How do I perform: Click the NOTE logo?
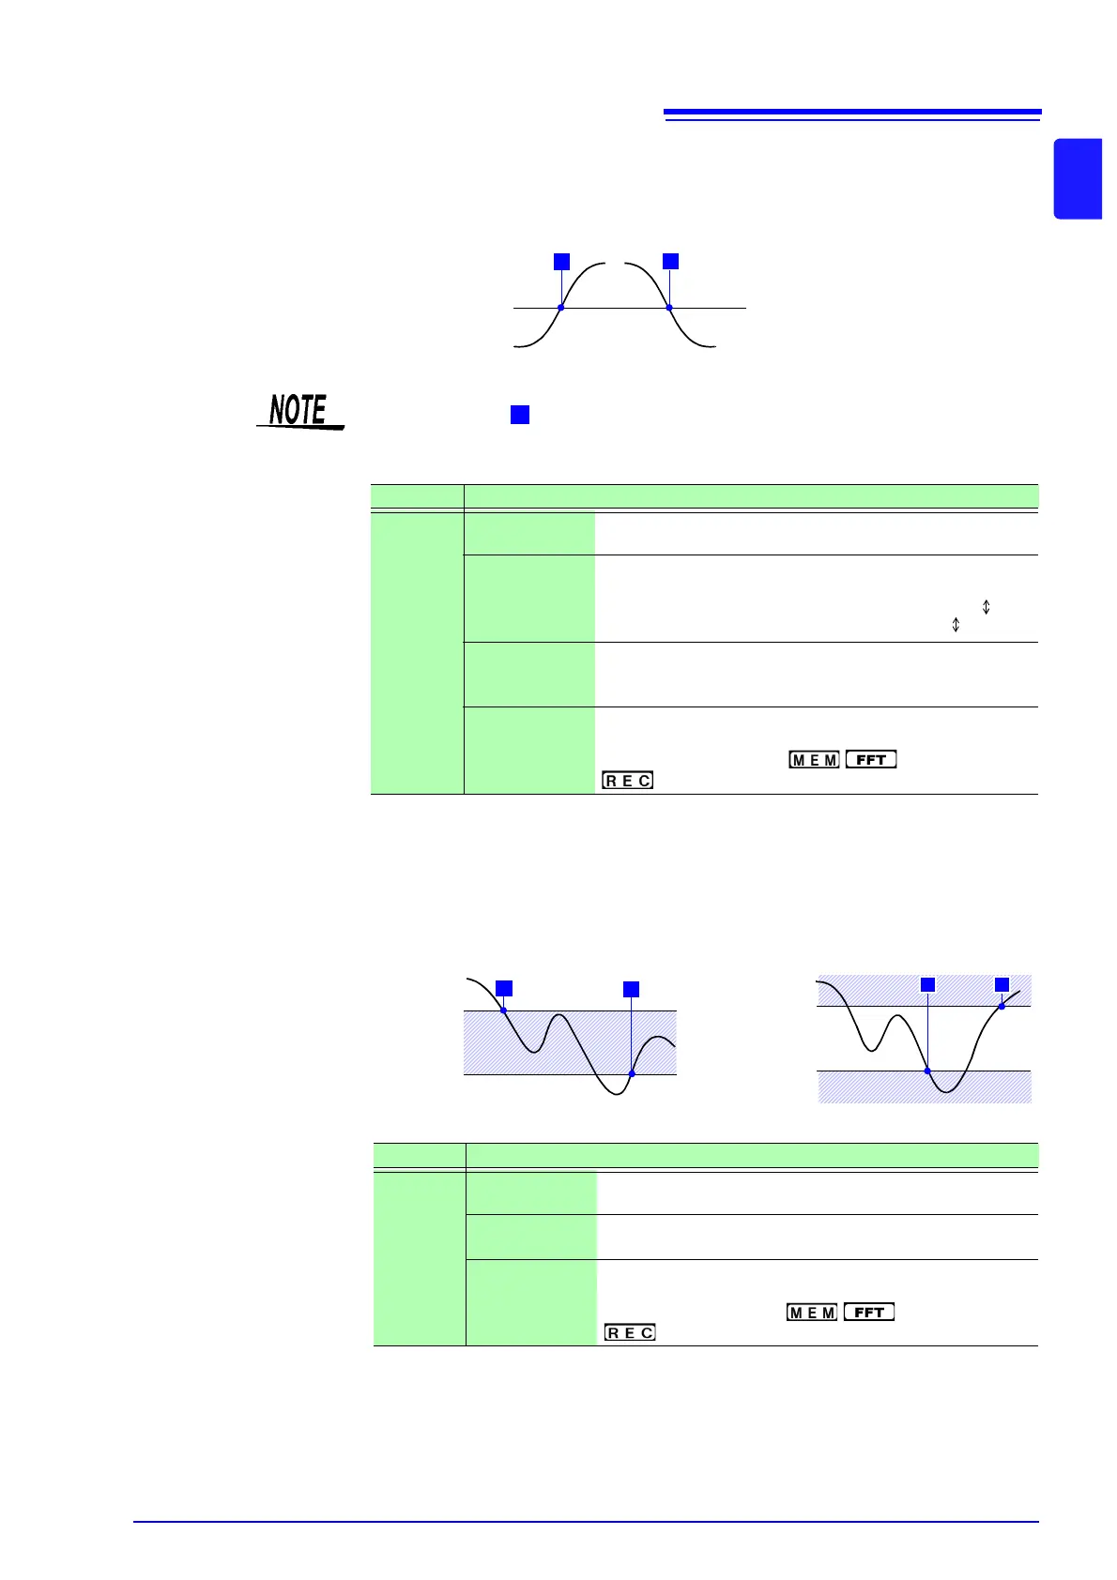pyautogui.click(x=299, y=412)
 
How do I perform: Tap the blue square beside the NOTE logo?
pyautogui.click(x=520, y=415)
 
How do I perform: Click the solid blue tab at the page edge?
pyautogui.click(x=1078, y=178)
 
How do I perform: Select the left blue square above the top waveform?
pyautogui.click(x=561, y=262)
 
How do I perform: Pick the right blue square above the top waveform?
pyautogui.click(x=670, y=262)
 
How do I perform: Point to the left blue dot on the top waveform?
pyautogui.click(x=561, y=308)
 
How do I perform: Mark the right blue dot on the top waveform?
pyautogui.click(x=669, y=308)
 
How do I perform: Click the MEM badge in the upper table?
pyautogui.click(x=814, y=760)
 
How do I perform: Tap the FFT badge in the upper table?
pyautogui.click(x=871, y=760)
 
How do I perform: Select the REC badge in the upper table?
pyautogui.click(x=628, y=781)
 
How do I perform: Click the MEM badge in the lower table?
pyautogui.click(x=812, y=1313)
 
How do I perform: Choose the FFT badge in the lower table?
pyautogui.click(x=869, y=1313)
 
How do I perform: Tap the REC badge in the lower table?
pyautogui.click(x=630, y=1332)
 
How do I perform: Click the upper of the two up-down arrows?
pyautogui.click(x=986, y=607)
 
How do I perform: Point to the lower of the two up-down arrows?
pyautogui.click(x=956, y=625)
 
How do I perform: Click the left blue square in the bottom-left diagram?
pyautogui.click(x=504, y=987)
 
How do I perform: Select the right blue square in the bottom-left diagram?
pyautogui.click(x=632, y=989)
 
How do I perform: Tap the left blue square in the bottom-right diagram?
pyautogui.click(x=927, y=984)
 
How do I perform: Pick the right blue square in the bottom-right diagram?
pyautogui.click(x=1002, y=984)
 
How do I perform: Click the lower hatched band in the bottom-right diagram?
pyautogui.click(x=925, y=1087)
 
